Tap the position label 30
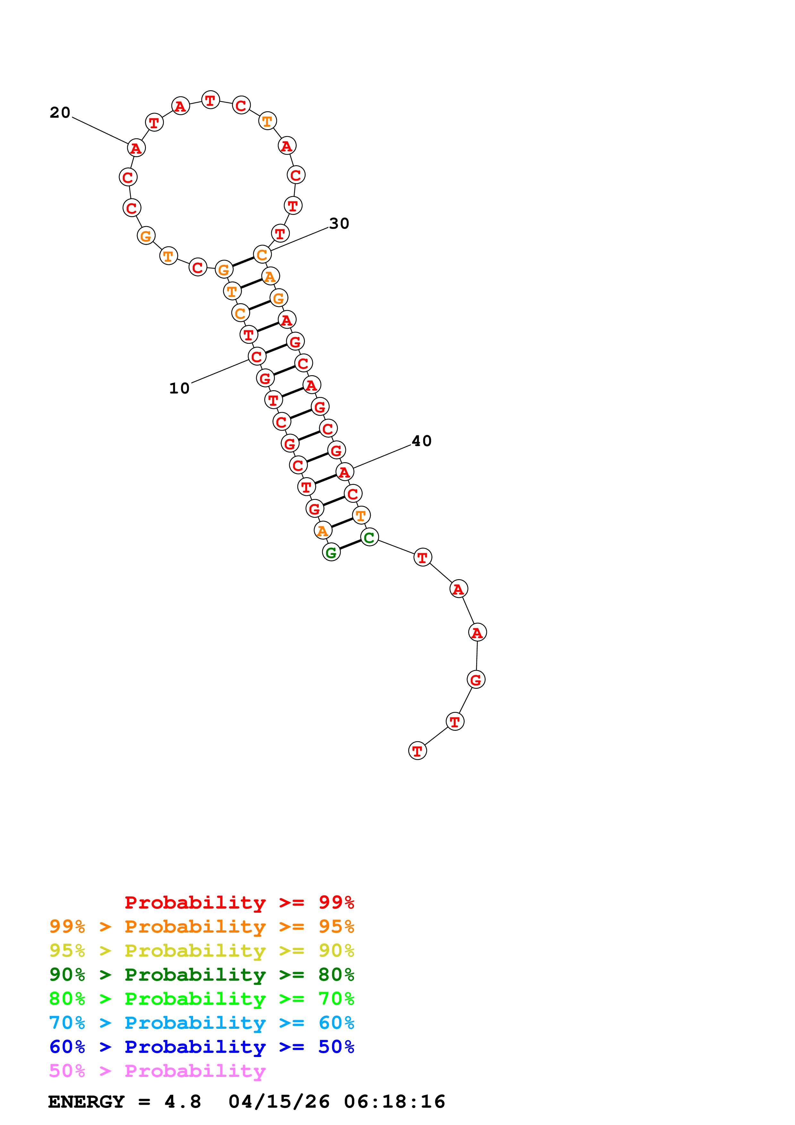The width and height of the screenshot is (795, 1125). click(339, 224)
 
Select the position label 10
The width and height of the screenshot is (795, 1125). click(179, 389)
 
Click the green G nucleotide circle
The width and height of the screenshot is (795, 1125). click(331, 552)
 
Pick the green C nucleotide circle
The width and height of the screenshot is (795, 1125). click(369, 537)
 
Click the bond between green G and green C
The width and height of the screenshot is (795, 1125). click(350, 545)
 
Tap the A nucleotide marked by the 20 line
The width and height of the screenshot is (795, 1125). click(136, 148)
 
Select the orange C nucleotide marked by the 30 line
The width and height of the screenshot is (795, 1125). click(263, 254)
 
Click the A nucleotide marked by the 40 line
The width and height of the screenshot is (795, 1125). click(345, 472)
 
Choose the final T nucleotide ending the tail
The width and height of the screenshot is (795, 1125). click(417, 751)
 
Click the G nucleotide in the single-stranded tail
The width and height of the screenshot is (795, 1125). click(476, 680)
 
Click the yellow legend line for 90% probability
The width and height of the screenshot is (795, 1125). click(201, 951)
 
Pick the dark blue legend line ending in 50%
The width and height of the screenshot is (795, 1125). click(201, 1047)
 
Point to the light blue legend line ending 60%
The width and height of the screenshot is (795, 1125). click(201, 1023)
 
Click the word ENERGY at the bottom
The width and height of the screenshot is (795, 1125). click(86, 1102)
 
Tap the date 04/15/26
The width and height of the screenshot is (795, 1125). click(279, 1102)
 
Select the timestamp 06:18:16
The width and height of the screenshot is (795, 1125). click(394, 1102)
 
